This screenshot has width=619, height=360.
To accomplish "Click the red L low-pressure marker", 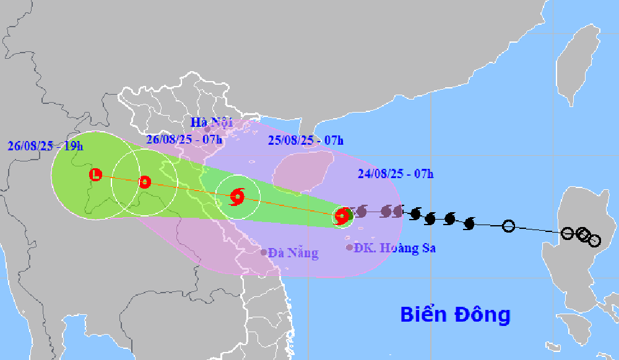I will click(x=95, y=174).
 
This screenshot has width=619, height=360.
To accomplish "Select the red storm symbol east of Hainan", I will click(x=342, y=216).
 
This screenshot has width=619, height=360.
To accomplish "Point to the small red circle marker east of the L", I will click(x=145, y=182).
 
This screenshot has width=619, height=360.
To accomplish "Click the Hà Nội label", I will click(x=212, y=122).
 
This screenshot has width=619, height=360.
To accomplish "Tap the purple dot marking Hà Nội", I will click(x=207, y=130).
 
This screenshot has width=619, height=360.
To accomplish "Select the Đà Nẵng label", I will click(x=293, y=252).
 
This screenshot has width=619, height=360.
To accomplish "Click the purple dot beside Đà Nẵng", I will click(x=264, y=252).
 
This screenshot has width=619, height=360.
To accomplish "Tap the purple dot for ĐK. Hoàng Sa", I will click(x=350, y=247).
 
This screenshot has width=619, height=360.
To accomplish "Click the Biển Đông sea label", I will click(x=455, y=314).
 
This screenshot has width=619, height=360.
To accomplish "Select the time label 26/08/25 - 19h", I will click(x=46, y=146).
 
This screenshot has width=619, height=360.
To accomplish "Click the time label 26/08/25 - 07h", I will click(x=184, y=139).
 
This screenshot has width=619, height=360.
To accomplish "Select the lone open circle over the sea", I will click(x=508, y=226).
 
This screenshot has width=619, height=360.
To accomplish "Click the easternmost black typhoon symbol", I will click(x=469, y=223).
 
